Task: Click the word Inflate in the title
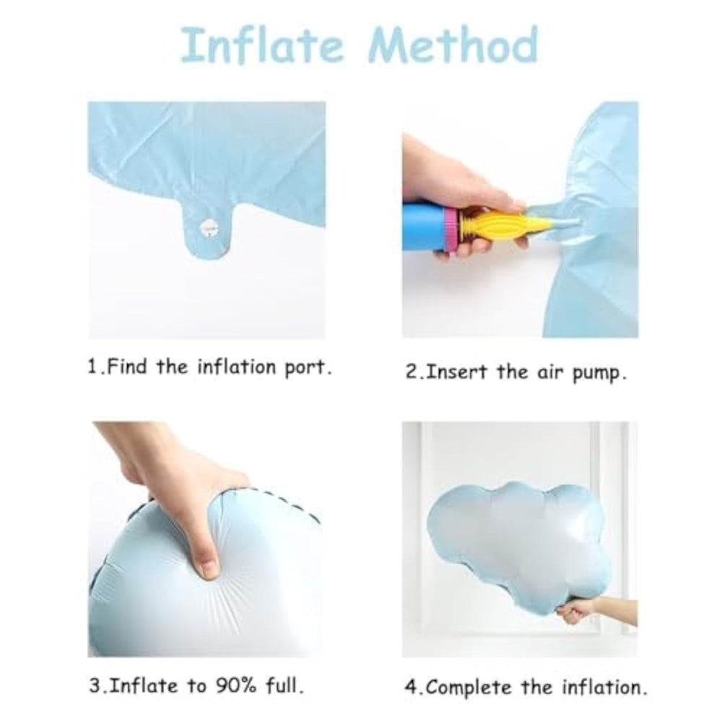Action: (x=261, y=45)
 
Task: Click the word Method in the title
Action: (x=453, y=45)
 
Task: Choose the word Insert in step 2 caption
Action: (x=456, y=372)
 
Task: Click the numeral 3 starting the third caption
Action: (x=94, y=686)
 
